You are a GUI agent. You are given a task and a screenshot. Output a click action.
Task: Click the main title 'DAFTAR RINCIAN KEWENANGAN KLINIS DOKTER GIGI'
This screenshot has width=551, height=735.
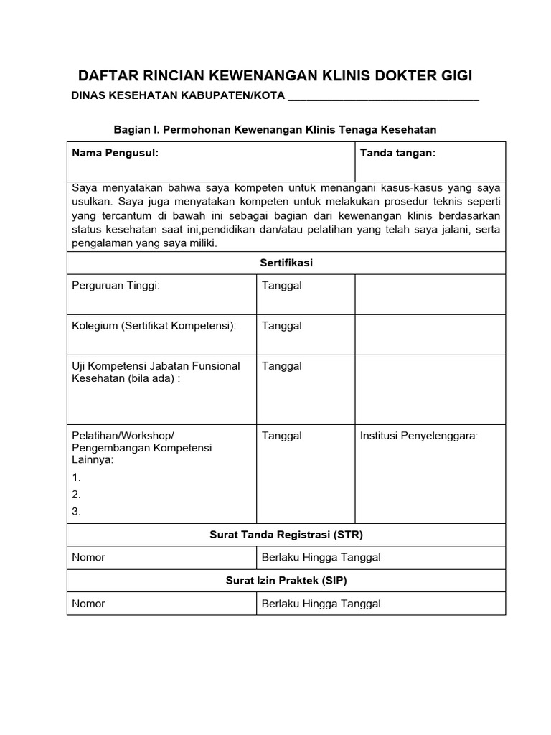[275, 76]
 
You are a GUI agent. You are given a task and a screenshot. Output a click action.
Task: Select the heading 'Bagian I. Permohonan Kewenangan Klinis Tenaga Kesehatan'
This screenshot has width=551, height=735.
[275, 129]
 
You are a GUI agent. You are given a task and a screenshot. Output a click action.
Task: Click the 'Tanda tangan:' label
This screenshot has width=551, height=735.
[397, 153]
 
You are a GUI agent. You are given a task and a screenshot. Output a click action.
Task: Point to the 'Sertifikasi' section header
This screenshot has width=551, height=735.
[286, 263]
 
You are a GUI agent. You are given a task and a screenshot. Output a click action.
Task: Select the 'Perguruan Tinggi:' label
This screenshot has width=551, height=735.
[116, 286]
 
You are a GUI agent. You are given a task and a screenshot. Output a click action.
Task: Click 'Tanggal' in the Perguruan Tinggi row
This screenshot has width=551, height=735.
[281, 286]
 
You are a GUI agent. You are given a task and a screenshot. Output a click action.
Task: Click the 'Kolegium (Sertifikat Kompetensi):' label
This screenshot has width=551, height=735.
[154, 326]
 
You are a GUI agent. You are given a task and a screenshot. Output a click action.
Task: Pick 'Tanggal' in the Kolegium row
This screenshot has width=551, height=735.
[281, 326]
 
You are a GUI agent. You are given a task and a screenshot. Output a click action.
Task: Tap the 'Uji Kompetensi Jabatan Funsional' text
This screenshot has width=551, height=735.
[156, 366]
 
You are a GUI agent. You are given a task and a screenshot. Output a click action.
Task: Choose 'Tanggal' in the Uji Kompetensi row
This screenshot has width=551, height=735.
[281, 366]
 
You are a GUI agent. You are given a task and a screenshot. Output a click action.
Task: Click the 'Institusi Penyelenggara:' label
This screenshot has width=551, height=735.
[418, 436]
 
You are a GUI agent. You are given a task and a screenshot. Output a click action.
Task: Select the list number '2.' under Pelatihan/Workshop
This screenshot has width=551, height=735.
[77, 495]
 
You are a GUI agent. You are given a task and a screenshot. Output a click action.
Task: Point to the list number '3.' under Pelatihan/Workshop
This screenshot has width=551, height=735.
[77, 512]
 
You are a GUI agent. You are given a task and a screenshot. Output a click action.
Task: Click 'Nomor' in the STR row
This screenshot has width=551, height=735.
[88, 558]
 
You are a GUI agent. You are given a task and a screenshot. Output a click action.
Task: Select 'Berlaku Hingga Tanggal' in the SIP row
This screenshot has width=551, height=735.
[321, 604]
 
